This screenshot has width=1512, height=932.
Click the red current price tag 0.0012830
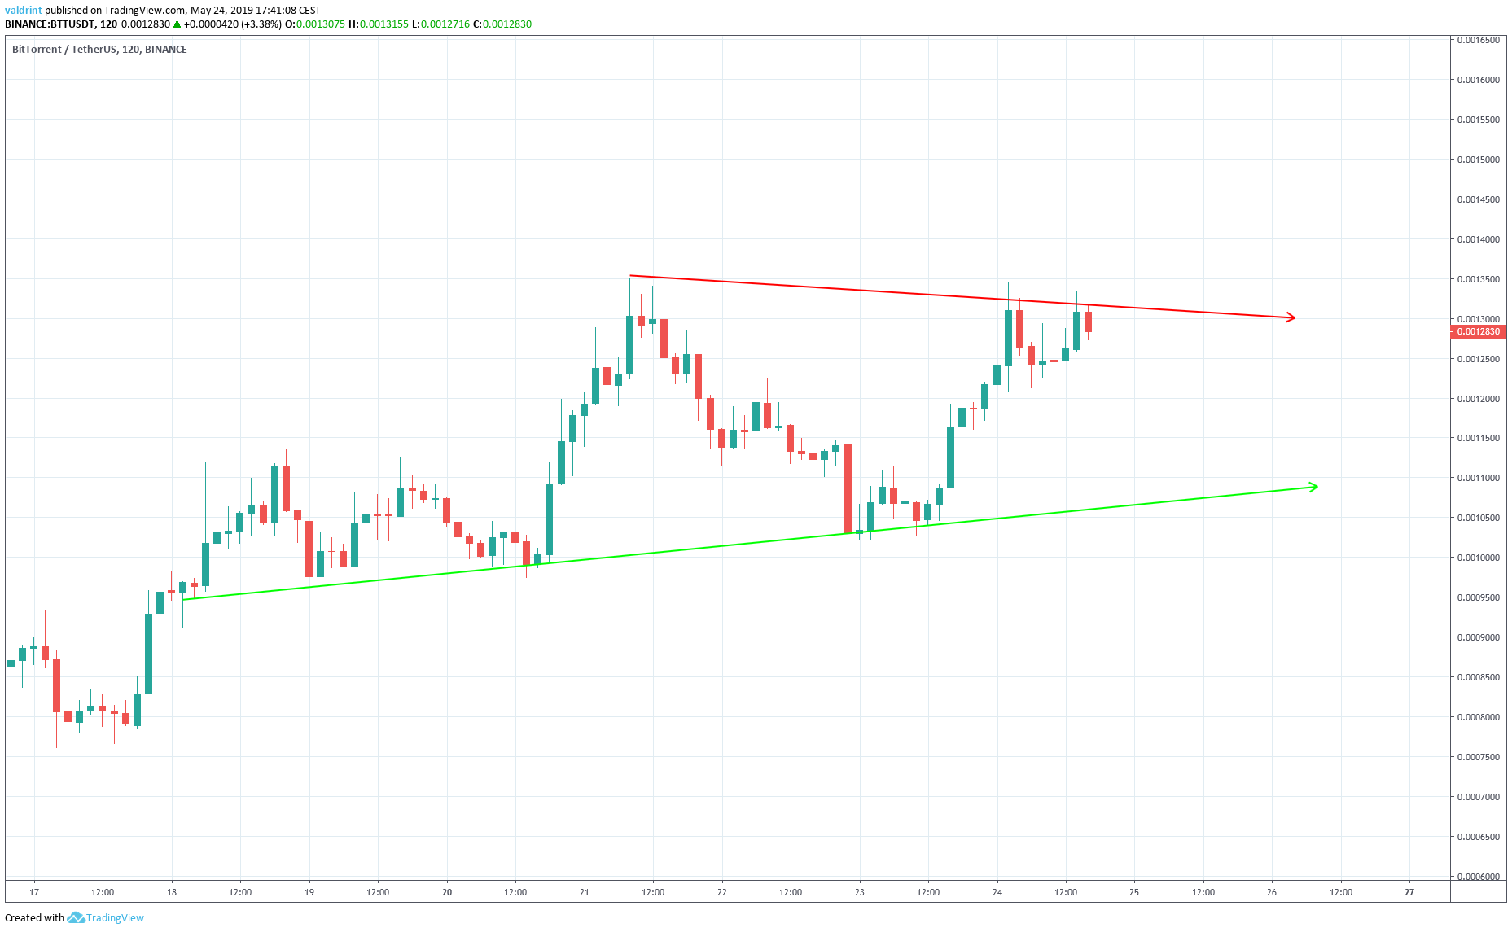[1478, 331]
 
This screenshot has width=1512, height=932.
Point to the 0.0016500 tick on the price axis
[1478, 40]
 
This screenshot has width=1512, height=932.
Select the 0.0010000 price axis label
[1478, 558]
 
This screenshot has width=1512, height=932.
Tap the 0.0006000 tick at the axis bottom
[1478, 877]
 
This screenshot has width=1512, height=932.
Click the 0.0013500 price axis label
[1478, 279]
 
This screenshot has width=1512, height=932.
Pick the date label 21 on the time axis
[585, 892]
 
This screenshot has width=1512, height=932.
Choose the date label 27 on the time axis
[1409, 892]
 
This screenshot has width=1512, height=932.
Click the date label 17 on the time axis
[34, 892]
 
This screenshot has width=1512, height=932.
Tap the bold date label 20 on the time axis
[447, 892]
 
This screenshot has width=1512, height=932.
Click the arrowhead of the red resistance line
[1291, 317]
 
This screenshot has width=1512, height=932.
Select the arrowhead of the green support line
[1313, 487]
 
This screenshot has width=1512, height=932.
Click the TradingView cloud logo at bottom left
[76, 918]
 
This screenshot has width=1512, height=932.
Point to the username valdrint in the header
[23, 11]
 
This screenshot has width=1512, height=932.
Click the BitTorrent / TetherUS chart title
[99, 50]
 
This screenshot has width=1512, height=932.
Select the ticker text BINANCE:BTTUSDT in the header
[50, 24]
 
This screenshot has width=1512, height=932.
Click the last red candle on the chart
[1088, 322]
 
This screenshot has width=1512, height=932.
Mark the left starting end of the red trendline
[631, 276]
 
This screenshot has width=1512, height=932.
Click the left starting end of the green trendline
[185, 600]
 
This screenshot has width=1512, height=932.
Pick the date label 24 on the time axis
[997, 892]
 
